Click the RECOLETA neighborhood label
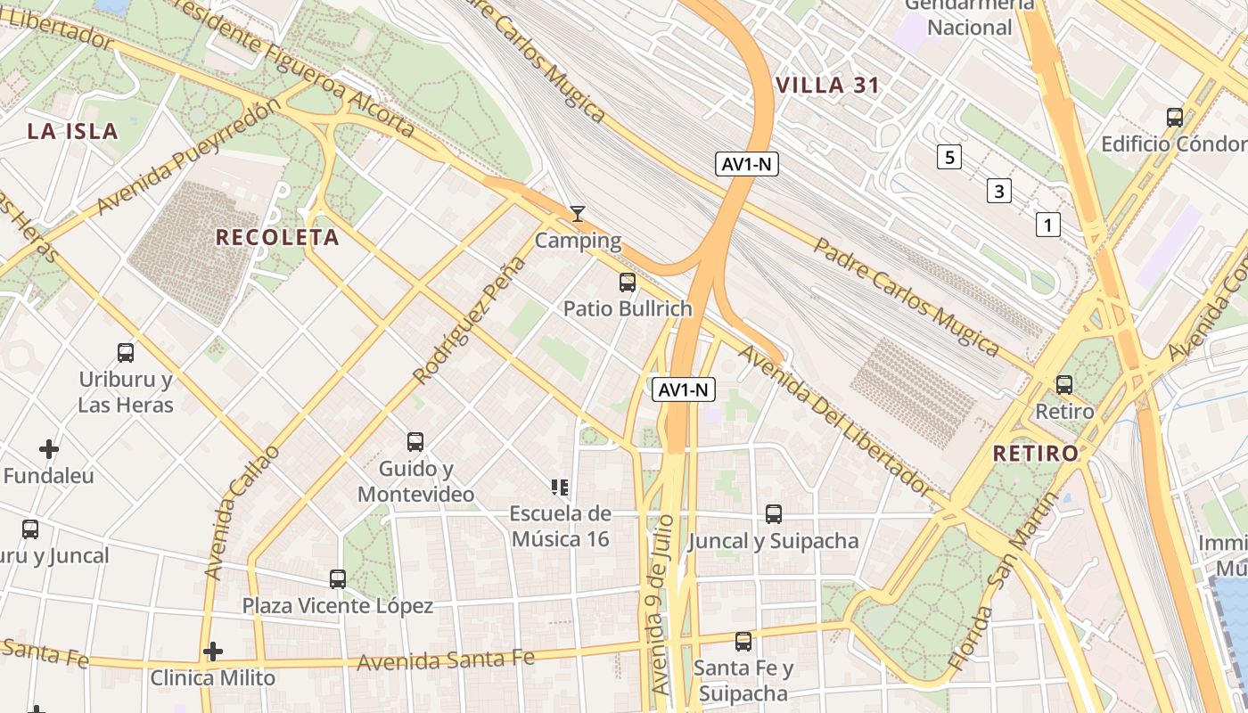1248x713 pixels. click(277, 237)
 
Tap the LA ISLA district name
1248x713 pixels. click(72, 132)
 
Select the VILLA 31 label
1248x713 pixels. click(827, 86)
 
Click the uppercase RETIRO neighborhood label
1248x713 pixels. click(1036, 453)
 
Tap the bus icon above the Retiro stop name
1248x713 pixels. click(1063, 385)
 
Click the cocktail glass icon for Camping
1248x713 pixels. click(578, 214)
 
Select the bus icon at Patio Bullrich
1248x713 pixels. click(628, 283)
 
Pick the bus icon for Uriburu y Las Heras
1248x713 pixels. click(126, 353)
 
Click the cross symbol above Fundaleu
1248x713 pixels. click(49, 448)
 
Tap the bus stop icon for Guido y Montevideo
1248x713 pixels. click(415, 441)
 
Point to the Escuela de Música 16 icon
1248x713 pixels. click(560, 487)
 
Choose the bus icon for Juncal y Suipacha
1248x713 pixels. click(774, 514)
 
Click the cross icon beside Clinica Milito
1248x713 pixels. click(212, 652)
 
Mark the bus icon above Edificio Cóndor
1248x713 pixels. click(1175, 117)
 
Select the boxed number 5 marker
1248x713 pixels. click(949, 158)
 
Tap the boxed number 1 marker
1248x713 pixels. click(1048, 225)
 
